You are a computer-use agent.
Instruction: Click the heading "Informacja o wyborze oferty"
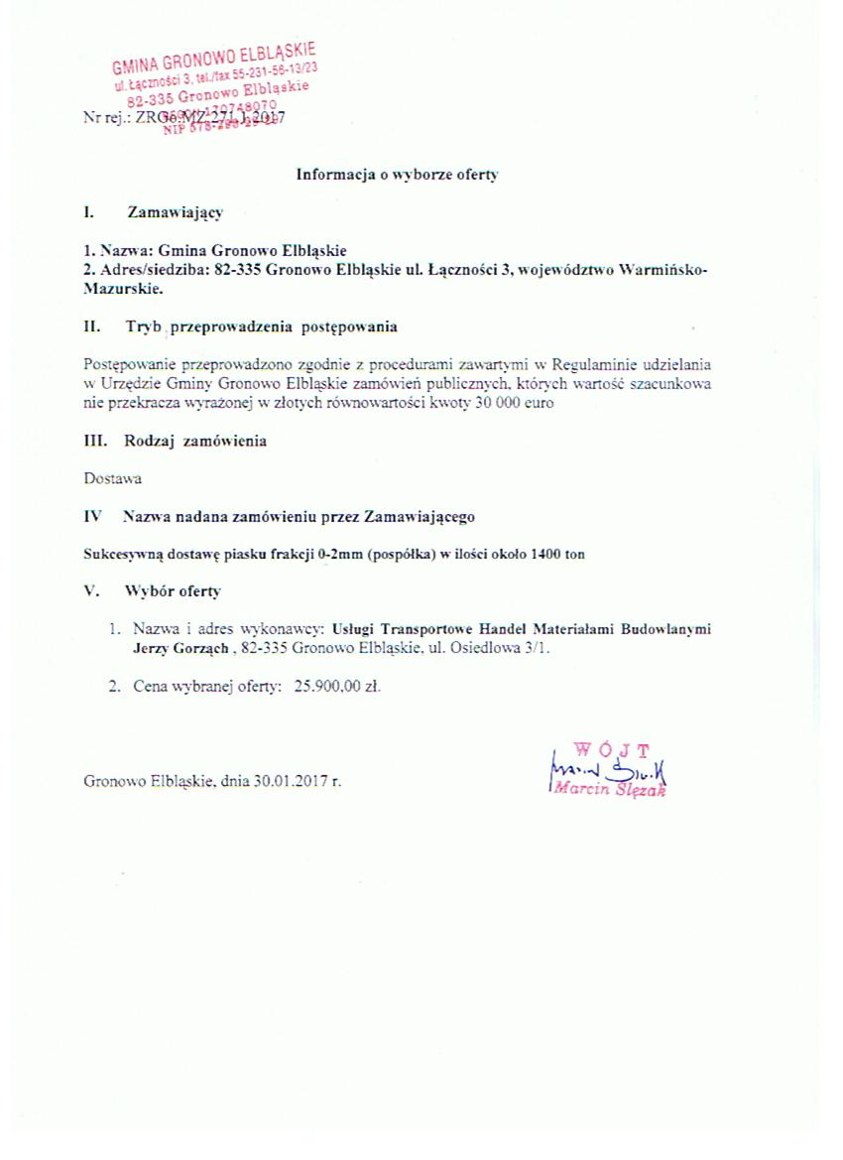coord(397,175)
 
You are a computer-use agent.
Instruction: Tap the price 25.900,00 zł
coord(337,686)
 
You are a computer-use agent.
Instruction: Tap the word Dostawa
coord(113,478)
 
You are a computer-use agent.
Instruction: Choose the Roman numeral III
coord(96,441)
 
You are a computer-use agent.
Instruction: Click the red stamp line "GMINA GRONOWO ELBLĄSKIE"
coord(213,59)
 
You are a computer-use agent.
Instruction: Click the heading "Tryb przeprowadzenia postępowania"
coord(261,326)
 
